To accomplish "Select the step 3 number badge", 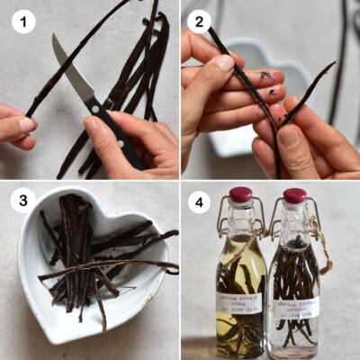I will [x=23, y=200].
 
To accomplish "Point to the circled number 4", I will [x=199, y=200].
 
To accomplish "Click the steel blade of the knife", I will [x=73, y=72].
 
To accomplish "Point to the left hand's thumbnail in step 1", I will [x=28, y=124].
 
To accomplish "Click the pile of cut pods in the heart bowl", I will [x=85, y=252].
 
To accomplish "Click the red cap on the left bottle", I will [x=241, y=194].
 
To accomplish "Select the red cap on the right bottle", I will [x=294, y=195].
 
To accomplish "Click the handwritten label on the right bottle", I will [x=294, y=306].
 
